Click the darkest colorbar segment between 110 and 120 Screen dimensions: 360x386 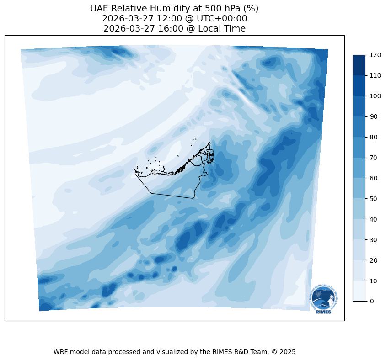pos(359,65)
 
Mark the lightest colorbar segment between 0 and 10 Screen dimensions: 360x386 pos(359,291)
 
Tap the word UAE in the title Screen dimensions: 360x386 pos(99,8)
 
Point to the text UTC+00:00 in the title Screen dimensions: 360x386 pos(223,19)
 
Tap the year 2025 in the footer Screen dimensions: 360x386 pos(288,352)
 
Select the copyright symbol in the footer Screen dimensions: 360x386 pos(274,352)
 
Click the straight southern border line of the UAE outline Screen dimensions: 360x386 pos(173,196)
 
